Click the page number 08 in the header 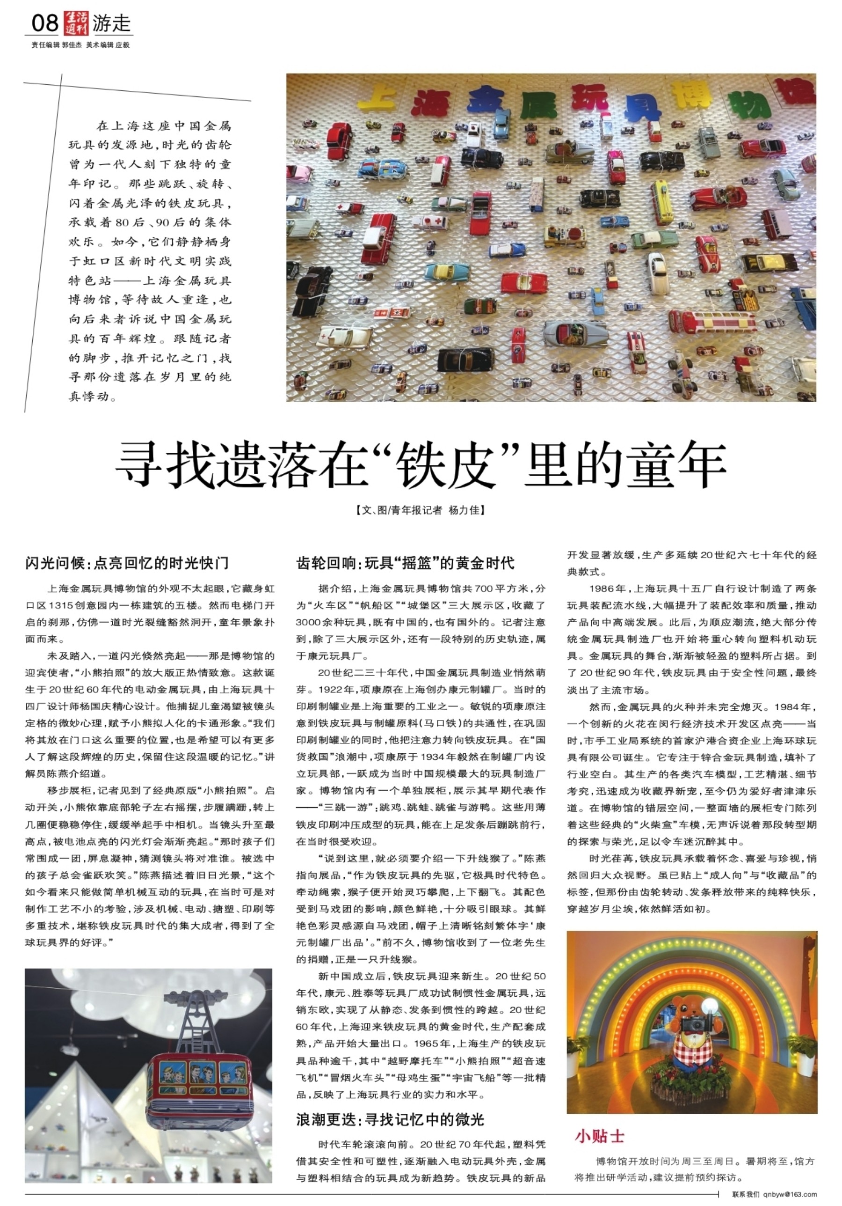pyautogui.click(x=44, y=23)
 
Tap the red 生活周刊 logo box pyautogui.click(x=76, y=23)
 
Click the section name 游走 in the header pyautogui.click(x=111, y=23)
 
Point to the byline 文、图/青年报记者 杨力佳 pyautogui.click(x=420, y=510)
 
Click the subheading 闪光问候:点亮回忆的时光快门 pyautogui.click(x=127, y=563)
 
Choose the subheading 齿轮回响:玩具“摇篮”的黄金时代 pyautogui.click(x=405, y=563)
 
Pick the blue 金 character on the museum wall pyautogui.click(x=484, y=99)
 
